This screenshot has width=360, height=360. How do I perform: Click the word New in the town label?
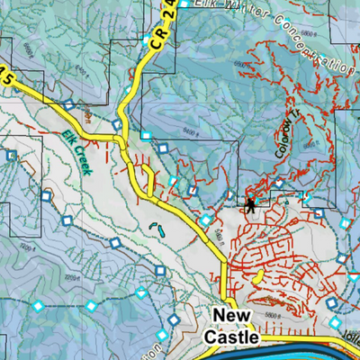(x=235, y=317)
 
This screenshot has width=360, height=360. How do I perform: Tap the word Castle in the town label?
(x=232, y=337)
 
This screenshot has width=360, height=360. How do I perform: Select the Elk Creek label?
(x=80, y=139)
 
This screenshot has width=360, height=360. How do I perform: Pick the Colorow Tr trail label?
(x=287, y=143)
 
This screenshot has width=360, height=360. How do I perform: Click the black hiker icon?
(x=251, y=204)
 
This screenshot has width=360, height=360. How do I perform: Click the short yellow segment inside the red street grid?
(x=260, y=275)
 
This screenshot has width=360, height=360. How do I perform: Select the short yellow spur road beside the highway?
(x=144, y=172)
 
